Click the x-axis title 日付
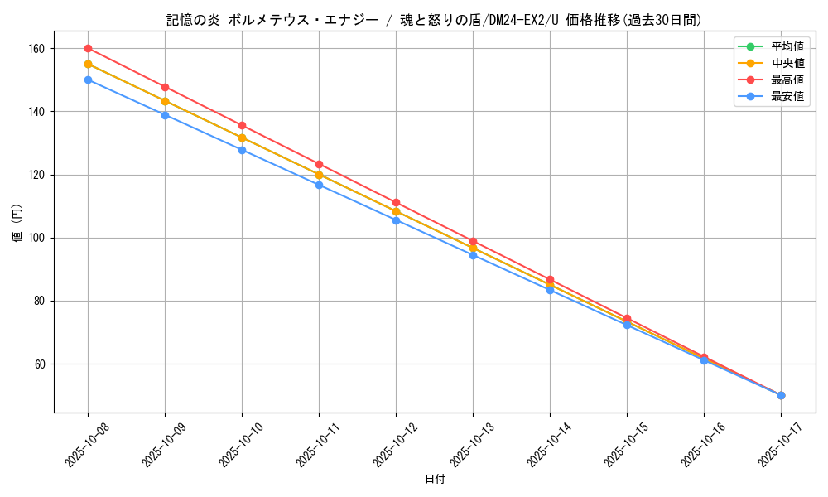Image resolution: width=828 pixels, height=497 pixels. [x=435, y=480]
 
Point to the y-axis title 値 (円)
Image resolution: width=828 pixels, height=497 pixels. [x=17, y=224]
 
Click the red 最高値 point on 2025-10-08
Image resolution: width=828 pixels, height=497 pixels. [x=88, y=49]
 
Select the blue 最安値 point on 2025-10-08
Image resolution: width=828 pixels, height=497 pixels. [x=88, y=80]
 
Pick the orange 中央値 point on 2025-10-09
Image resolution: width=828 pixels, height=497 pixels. [x=165, y=101]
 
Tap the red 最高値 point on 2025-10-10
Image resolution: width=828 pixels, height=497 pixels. [x=242, y=126]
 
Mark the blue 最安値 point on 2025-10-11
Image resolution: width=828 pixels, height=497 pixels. [x=319, y=185]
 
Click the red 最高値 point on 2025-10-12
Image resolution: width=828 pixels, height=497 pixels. [x=396, y=202]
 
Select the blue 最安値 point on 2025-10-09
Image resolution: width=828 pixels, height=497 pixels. [x=165, y=115]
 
